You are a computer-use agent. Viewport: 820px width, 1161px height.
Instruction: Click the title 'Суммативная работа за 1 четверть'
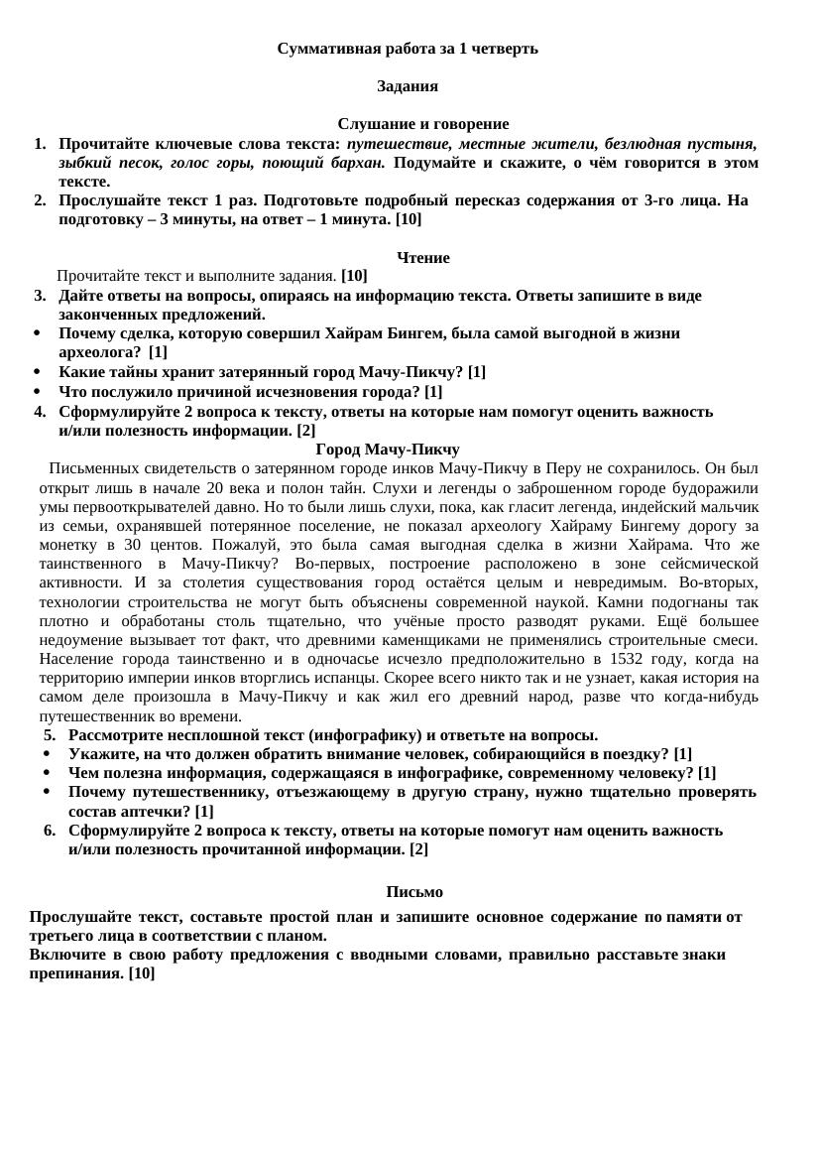(408, 49)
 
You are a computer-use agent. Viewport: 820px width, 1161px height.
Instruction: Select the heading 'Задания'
(408, 86)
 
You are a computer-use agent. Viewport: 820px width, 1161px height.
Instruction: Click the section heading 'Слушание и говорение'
(423, 124)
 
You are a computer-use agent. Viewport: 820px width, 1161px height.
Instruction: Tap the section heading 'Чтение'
(423, 258)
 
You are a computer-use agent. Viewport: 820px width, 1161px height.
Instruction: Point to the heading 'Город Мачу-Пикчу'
(395, 450)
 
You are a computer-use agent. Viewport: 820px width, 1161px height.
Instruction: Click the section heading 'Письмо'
(414, 892)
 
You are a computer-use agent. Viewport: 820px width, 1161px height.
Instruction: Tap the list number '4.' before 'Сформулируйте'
(40, 412)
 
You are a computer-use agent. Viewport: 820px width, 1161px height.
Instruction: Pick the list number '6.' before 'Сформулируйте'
(50, 831)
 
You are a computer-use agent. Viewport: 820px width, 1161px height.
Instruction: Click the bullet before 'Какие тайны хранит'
(38, 373)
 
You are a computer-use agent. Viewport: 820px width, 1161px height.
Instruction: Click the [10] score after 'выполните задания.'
(354, 276)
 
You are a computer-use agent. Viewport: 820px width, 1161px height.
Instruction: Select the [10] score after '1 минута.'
(409, 219)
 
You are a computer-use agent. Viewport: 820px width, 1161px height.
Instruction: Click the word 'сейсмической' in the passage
(711, 564)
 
